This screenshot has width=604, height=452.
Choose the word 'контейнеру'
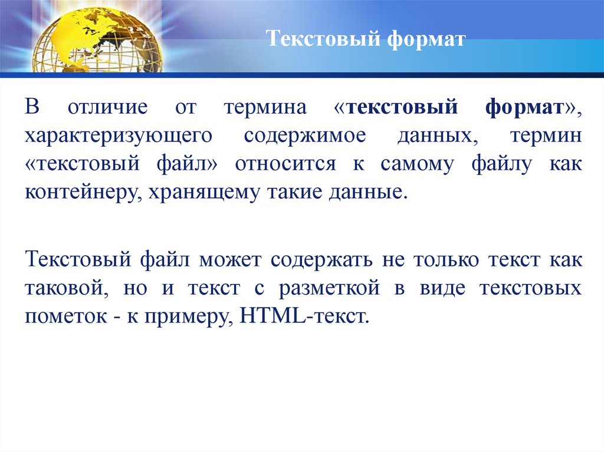point(80,192)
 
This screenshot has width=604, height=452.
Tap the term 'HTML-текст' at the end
point(304,316)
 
